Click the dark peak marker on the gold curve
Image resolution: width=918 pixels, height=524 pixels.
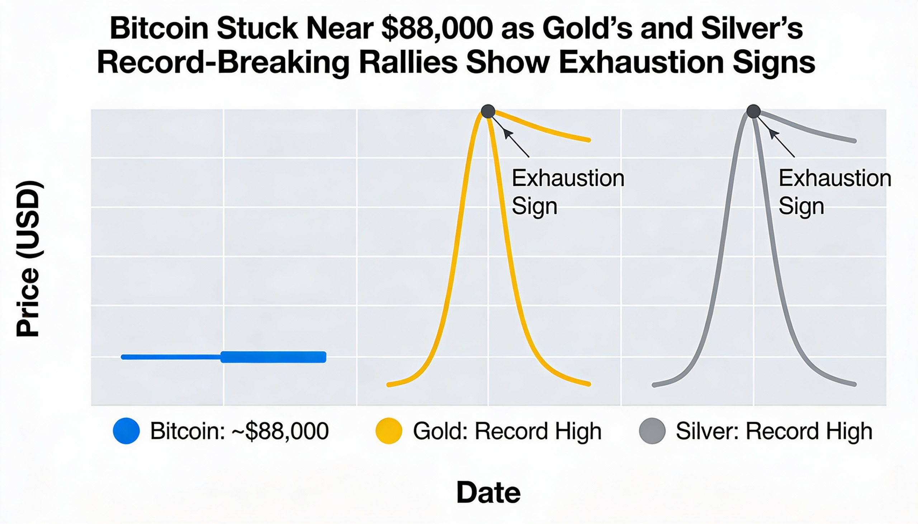point(488,111)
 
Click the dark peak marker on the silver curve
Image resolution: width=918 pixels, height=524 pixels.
point(753,111)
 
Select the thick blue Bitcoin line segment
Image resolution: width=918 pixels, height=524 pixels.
point(273,357)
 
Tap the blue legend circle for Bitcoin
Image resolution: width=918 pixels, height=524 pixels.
point(126,431)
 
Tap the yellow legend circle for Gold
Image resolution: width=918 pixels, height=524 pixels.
point(388,431)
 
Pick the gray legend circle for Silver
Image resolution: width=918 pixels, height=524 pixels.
point(652,431)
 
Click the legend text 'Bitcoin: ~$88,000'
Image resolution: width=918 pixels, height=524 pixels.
point(239,431)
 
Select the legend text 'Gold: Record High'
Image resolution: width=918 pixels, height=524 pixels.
point(507,431)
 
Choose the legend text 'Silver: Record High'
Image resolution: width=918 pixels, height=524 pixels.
point(774,431)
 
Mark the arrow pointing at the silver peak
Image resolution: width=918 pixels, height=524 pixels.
point(781,143)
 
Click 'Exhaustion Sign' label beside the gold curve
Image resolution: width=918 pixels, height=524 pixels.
point(567,192)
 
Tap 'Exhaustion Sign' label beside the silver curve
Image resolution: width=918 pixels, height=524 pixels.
point(834,192)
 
